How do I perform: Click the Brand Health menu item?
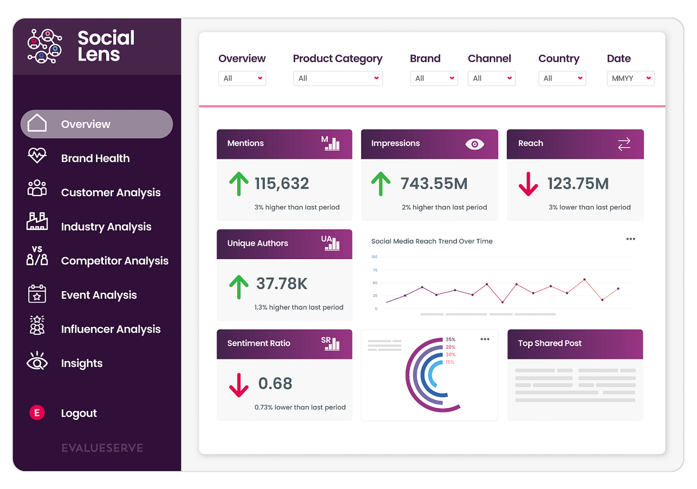pos(95,159)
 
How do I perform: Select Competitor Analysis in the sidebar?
pos(114,261)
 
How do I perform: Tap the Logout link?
pos(78,413)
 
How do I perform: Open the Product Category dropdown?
pos(338,79)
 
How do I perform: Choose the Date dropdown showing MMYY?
pos(631,79)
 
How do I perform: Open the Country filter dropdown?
pos(562,79)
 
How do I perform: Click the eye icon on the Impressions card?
pos(474,144)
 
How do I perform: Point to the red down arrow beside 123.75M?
pos(528,184)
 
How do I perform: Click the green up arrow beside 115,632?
pos(239,184)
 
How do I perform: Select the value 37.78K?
pos(282,283)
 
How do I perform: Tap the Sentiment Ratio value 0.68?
pos(275,383)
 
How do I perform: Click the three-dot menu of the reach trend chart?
pos(631,239)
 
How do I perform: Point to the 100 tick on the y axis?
pos(374,257)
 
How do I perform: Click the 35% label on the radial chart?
pos(450,340)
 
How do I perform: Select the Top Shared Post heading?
pos(549,343)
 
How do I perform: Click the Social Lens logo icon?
pos(45,46)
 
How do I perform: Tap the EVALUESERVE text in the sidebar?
pos(102,448)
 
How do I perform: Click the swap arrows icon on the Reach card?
pos(624,144)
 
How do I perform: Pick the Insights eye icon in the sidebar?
pos(37,362)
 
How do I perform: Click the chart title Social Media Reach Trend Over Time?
pos(431,242)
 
